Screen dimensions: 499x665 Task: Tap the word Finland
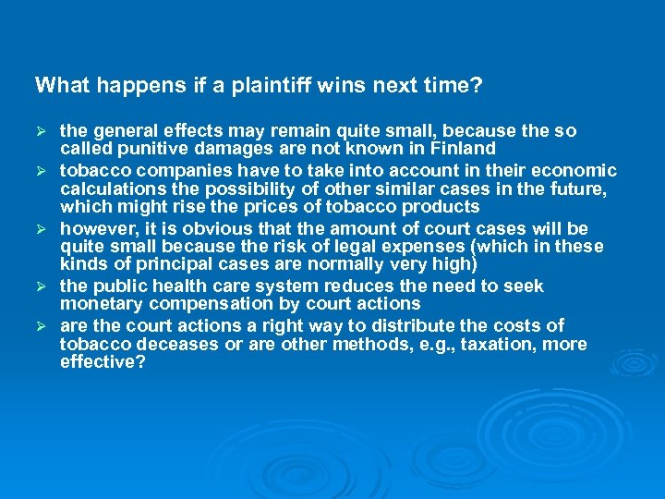(x=463, y=149)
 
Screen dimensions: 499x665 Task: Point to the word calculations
(x=109, y=189)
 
